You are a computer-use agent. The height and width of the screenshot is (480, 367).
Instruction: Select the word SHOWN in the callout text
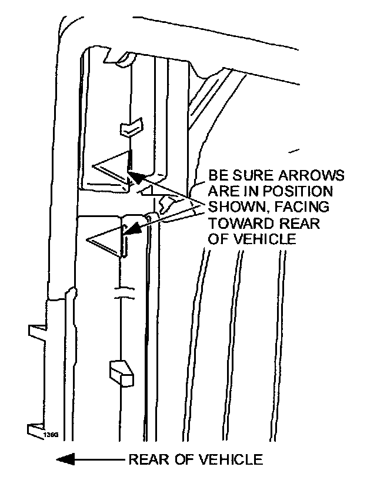point(231,208)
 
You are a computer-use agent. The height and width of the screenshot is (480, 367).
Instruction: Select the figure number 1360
point(51,434)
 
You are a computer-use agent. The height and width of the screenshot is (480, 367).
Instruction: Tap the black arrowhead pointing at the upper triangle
point(135,175)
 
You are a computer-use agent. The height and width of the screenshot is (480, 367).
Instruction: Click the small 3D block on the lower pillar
point(120,372)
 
